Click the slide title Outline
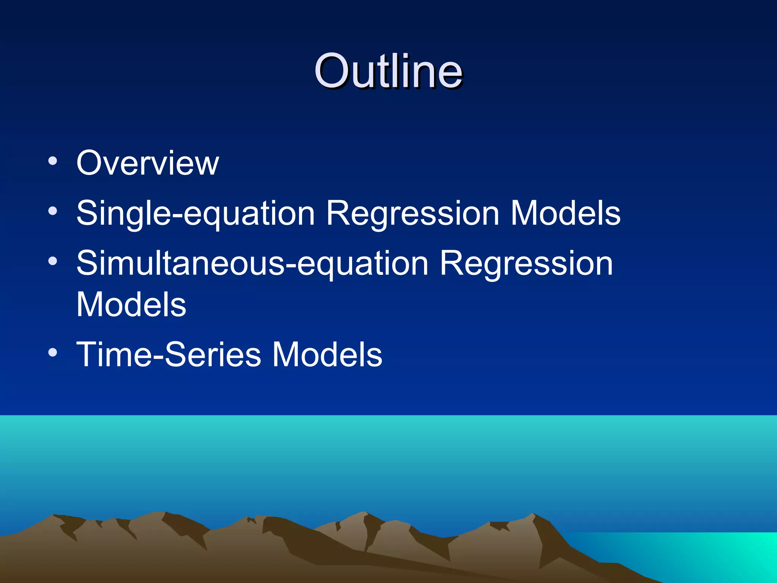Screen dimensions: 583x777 [388, 71]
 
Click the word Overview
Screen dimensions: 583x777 [148, 163]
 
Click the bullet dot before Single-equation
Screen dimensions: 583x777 [53, 211]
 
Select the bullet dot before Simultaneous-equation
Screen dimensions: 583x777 [53, 261]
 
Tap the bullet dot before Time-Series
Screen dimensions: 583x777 [53, 352]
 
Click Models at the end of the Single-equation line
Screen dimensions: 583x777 [565, 213]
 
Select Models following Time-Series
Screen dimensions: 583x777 [327, 355]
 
